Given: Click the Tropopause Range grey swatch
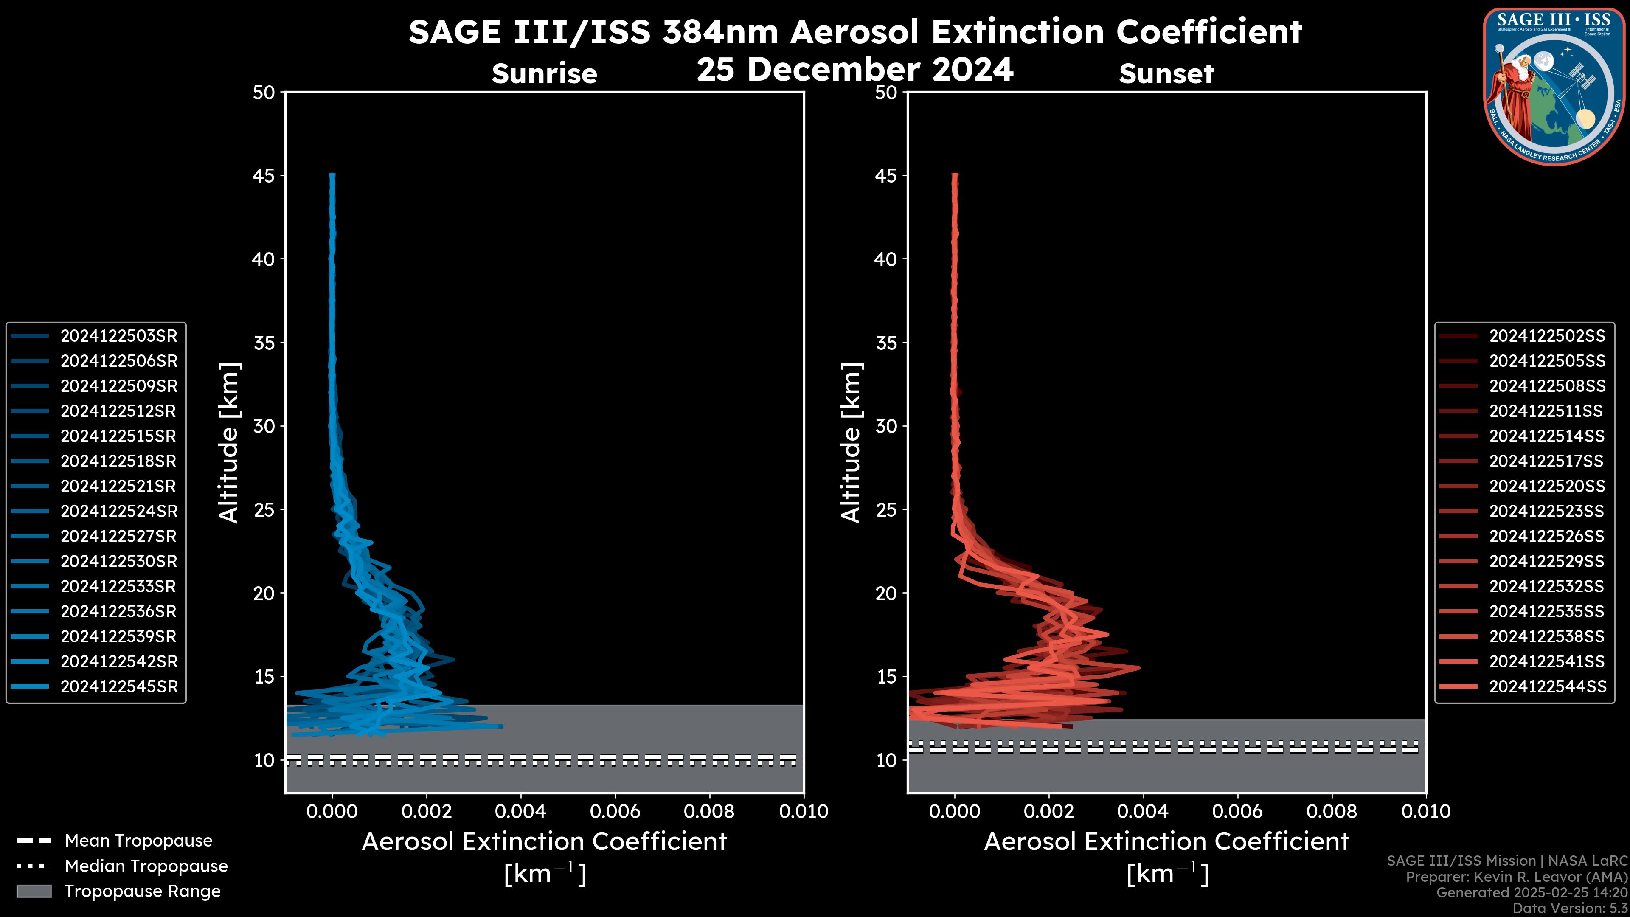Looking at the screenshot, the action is (34, 891).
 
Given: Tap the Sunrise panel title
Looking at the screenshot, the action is (544, 74).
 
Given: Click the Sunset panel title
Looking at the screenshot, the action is (1166, 74).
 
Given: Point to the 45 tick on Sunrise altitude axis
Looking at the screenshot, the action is (264, 175).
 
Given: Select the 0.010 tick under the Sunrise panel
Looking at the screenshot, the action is (804, 811).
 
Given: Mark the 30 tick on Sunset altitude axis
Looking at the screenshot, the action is (886, 426).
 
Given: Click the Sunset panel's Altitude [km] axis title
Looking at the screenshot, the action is (851, 443).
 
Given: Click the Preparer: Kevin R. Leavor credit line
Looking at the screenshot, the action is (1517, 877).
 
